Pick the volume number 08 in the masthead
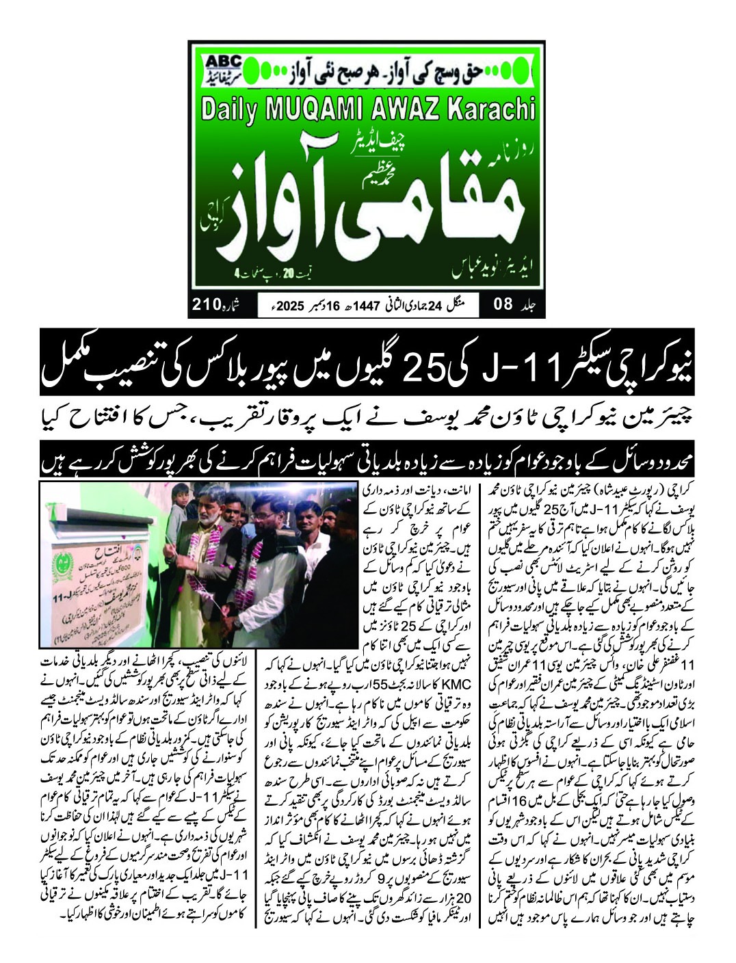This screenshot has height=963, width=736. [503, 303]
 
